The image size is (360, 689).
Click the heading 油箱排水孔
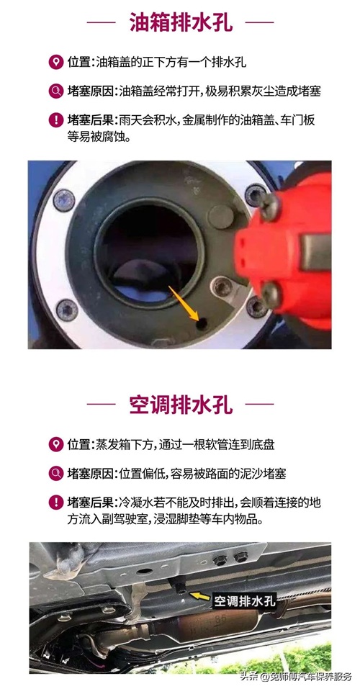[181, 22]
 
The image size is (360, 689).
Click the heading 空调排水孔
[181, 404]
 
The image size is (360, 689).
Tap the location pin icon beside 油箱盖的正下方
[56, 63]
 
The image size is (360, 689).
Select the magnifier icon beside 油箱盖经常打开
[56, 91]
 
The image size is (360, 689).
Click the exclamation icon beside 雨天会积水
[56, 120]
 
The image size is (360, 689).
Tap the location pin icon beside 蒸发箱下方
[56, 444]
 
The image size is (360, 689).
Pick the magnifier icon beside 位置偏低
[56, 473]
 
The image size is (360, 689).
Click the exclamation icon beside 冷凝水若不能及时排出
[56, 502]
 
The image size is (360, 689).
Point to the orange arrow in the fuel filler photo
[184, 300]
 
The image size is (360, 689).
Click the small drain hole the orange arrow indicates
[202, 324]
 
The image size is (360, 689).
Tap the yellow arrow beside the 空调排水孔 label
[199, 596]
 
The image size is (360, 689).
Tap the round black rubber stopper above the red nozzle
[220, 216]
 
